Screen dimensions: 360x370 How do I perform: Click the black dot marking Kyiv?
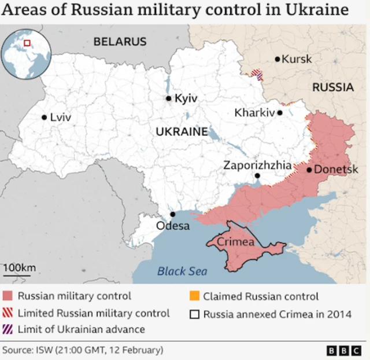(169, 98)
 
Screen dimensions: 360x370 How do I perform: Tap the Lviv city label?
(60, 117)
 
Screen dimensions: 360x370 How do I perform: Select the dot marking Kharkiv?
(280, 113)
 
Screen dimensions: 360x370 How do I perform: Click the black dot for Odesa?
(172, 214)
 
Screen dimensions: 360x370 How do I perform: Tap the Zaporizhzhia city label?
(257, 165)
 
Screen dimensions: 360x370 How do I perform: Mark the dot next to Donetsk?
(309, 170)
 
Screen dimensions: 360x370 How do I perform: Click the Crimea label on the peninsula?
(235, 242)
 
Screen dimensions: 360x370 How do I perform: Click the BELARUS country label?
(120, 42)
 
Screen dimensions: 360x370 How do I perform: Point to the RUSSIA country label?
(332, 87)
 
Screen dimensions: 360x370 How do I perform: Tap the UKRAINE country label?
(182, 131)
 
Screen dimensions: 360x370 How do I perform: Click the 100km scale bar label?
(19, 267)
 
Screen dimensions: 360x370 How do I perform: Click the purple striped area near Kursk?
(257, 74)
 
